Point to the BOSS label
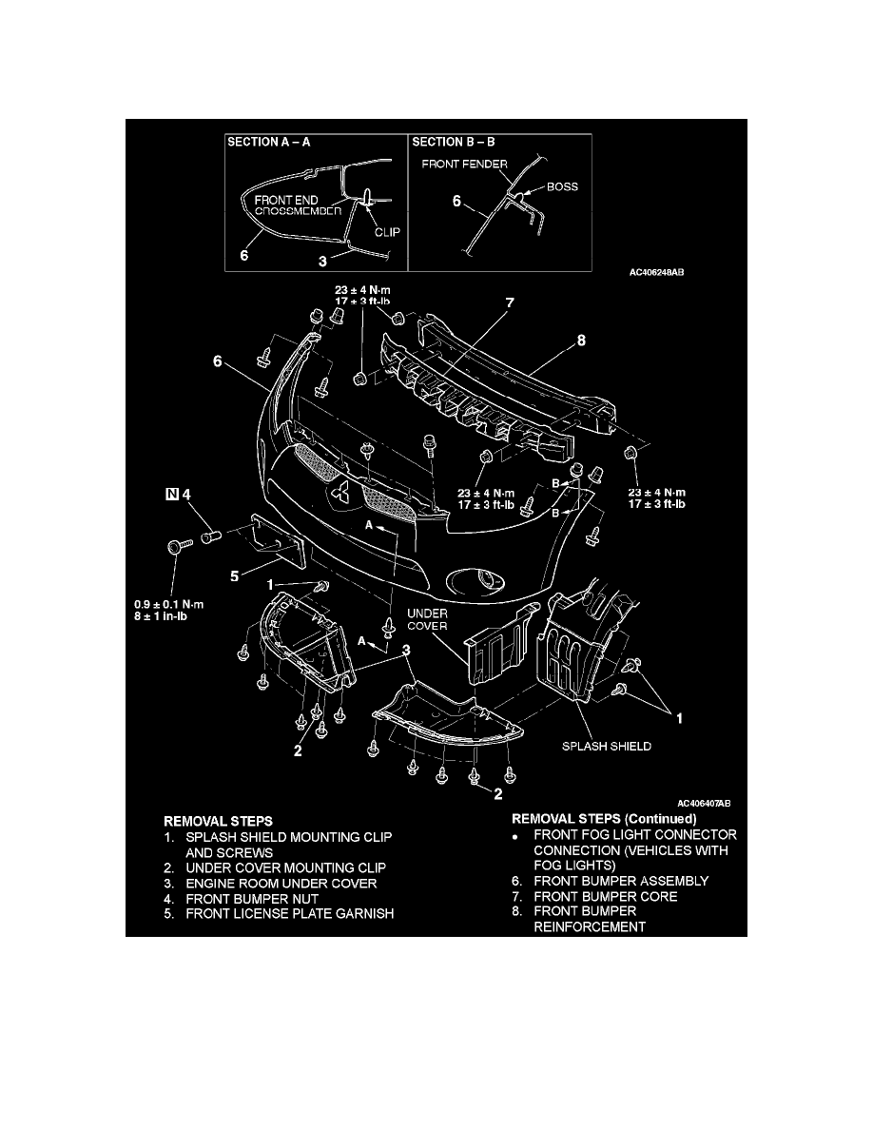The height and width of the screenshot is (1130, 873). pyautogui.click(x=562, y=187)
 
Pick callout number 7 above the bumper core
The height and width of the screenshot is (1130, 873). pyautogui.click(x=509, y=303)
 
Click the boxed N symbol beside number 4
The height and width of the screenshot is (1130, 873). pyautogui.click(x=172, y=494)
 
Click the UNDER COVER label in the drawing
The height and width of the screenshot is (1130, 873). pyautogui.click(x=427, y=620)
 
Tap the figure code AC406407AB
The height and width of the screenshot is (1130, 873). pyautogui.click(x=703, y=804)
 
